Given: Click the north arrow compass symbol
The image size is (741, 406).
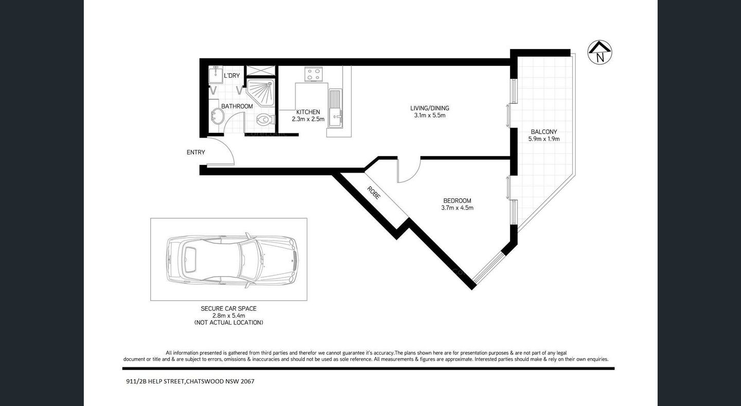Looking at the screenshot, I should click(599, 52).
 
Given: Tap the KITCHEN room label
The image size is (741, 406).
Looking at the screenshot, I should click(308, 112).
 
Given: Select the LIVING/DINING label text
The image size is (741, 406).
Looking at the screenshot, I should click(429, 108).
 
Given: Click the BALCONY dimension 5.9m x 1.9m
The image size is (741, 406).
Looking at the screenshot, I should click(544, 139).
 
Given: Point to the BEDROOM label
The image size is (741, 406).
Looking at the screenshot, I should click(457, 201).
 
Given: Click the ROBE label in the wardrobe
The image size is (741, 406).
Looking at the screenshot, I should click(374, 193).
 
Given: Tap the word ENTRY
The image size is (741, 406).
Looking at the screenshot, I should click(196, 153).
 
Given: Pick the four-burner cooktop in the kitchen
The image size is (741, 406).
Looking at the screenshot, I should click(314, 74).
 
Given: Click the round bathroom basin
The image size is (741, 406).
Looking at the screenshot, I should click(215, 118).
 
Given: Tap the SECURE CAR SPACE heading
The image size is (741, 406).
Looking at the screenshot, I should click(228, 309).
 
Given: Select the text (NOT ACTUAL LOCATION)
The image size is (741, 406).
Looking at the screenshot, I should click(228, 323).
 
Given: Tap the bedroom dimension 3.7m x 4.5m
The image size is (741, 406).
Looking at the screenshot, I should click(457, 208).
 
